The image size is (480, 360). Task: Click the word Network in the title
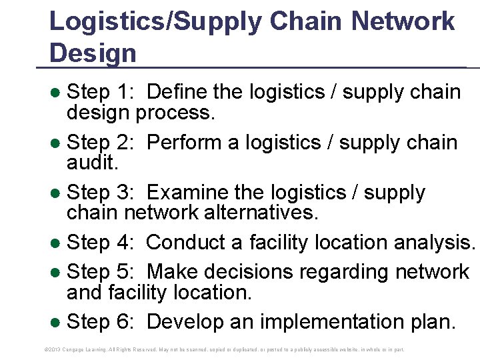tap(403, 21)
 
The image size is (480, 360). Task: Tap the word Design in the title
tap(93, 53)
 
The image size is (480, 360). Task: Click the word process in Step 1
tap(175, 113)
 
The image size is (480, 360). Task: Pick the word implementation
tap(323, 322)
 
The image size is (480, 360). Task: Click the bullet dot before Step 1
tap(57, 93)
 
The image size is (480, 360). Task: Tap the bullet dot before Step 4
tap(57, 243)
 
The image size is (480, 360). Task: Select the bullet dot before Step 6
tap(57, 323)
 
